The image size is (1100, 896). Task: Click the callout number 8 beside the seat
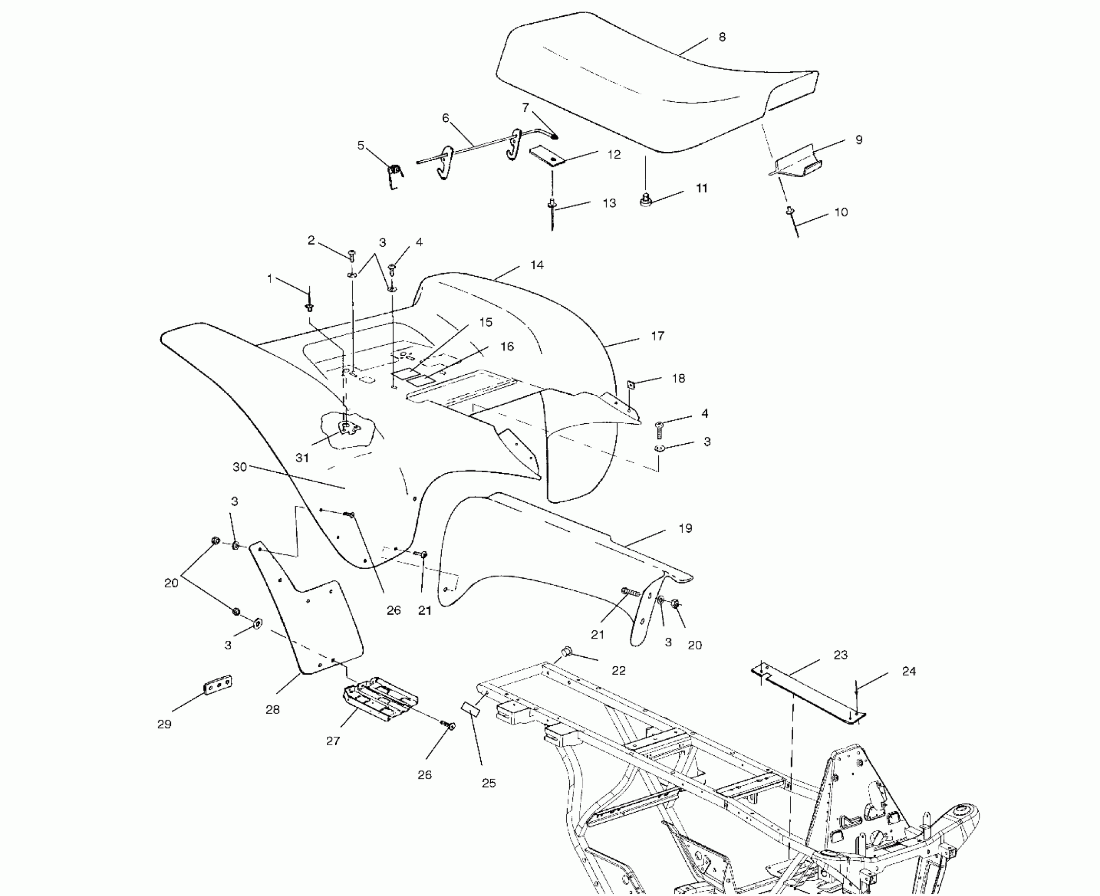(x=722, y=37)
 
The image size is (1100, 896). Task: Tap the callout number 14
(x=537, y=265)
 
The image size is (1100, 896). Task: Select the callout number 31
(x=302, y=458)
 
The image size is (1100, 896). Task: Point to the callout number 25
(x=489, y=783)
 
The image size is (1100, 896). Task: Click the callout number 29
(x=164, y=725)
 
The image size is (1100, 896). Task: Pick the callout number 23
(x=840, y=655)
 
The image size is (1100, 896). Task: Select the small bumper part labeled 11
(x=644, y=200)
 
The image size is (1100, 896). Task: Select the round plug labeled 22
(x=568, y=651)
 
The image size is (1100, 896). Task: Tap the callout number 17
(x=657, y=336)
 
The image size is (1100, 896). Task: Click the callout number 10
(x=841, y=212)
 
